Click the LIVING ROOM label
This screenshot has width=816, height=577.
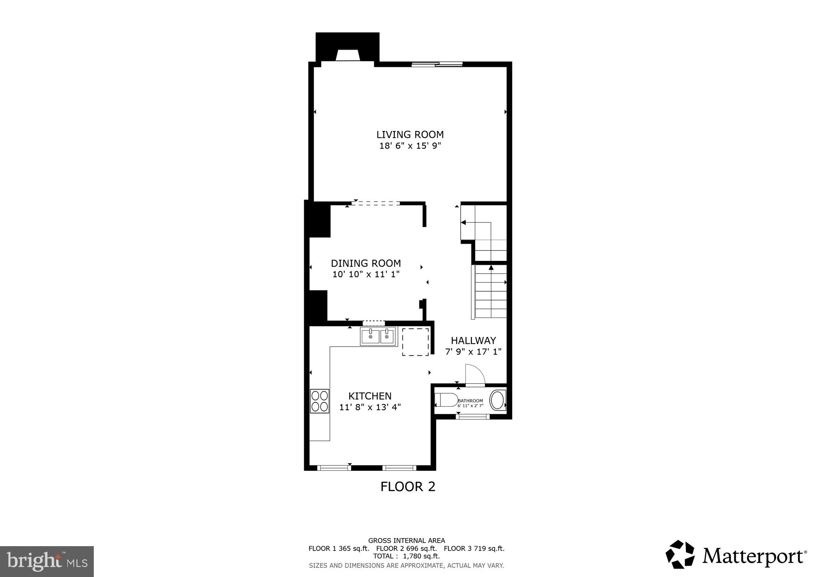[410, 135]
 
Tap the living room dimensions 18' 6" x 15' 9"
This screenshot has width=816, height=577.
[410, 146]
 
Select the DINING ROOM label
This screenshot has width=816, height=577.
[366, 263]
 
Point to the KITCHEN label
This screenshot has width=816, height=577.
[370, 396]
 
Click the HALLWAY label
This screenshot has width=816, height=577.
[473, 341]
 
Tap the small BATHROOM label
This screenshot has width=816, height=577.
[470, 401]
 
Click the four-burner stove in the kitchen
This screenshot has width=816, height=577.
[319, 401]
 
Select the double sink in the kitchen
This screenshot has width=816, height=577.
[378, 337]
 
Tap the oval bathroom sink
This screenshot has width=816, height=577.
[499, 399]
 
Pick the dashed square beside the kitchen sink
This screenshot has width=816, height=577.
[415, 341]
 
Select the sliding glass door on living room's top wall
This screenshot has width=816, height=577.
[437, 64]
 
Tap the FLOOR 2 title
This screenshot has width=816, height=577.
[408, 486]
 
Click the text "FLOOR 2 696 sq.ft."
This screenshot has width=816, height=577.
[406, 549]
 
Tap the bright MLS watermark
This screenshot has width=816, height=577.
[47, 561]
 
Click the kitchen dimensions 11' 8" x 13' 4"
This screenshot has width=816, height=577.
[370, 407]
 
